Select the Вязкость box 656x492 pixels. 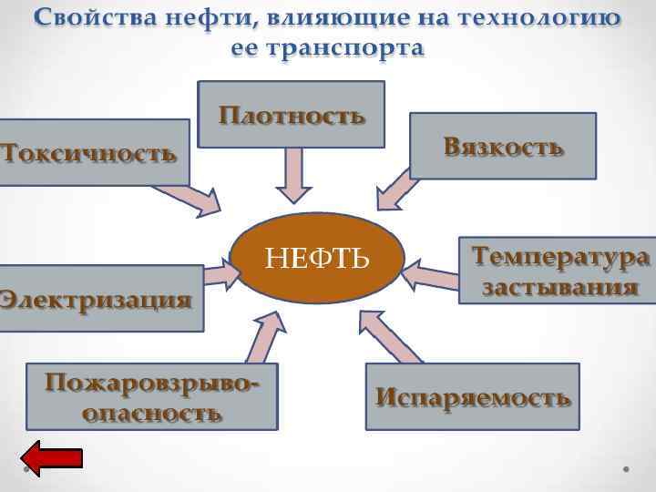503,145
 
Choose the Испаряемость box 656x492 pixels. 472,396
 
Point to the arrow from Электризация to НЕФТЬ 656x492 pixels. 219,270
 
